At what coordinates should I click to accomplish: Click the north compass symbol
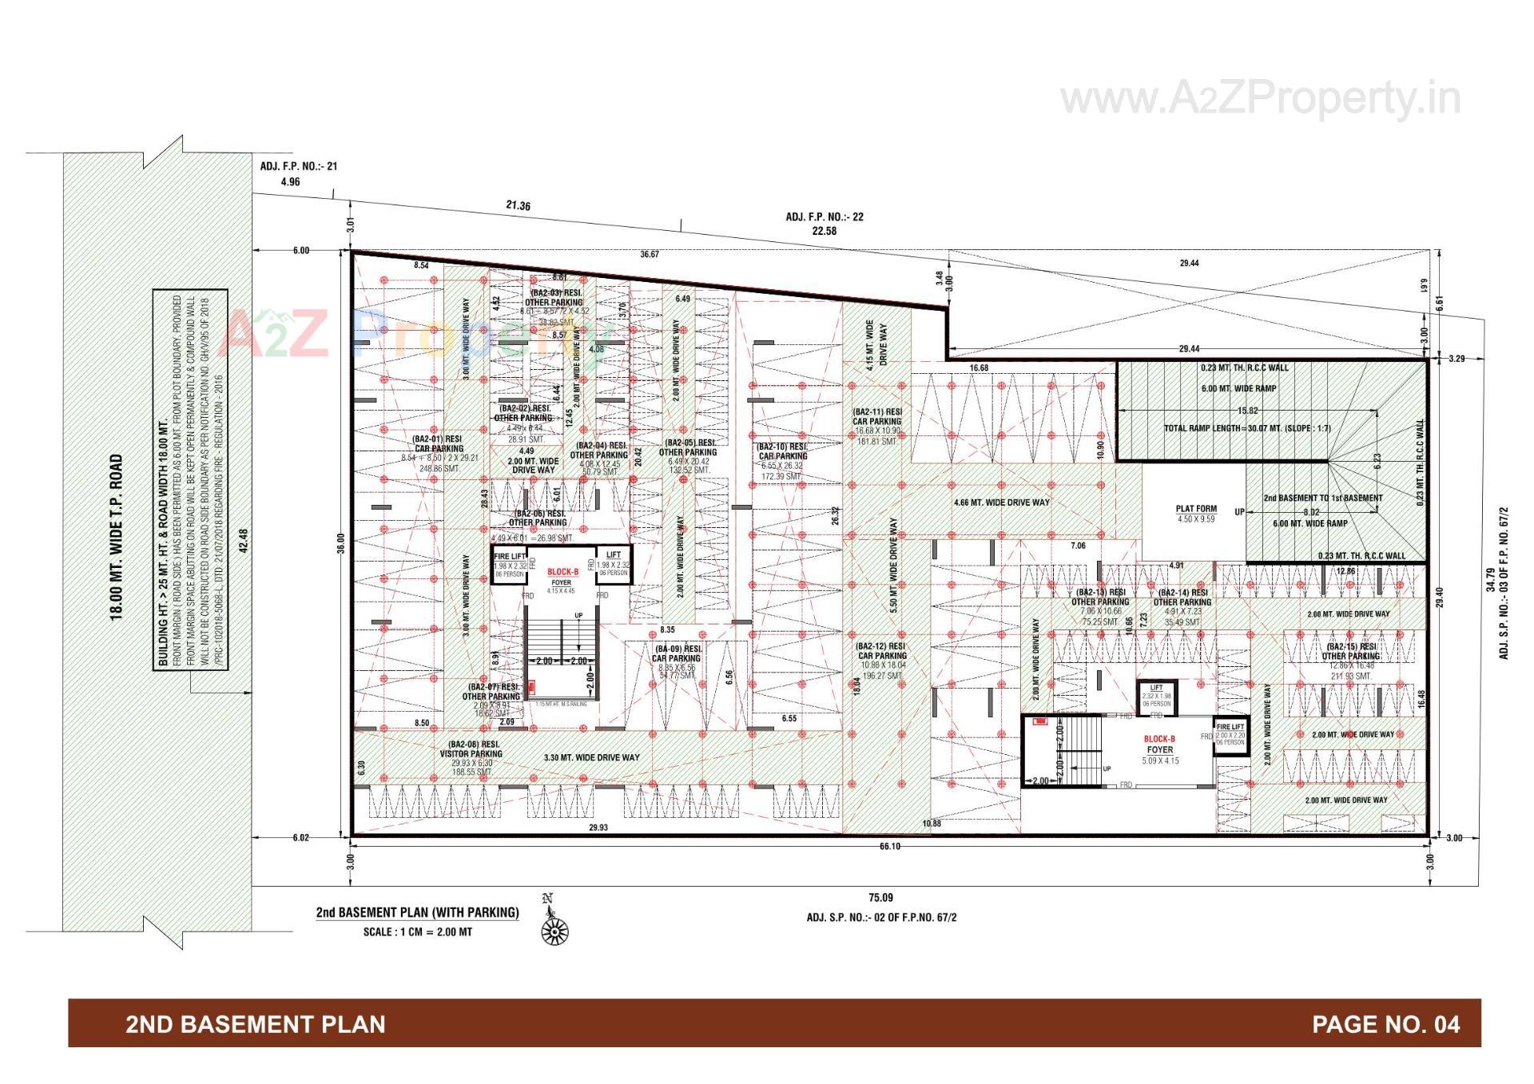pos(554,929)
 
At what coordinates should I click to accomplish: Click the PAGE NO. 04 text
pos(1385,1024)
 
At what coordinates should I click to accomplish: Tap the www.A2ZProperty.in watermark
pos(1260,100)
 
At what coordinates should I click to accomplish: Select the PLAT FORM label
pos(1196,509)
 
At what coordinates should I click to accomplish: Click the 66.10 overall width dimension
pos(889,847)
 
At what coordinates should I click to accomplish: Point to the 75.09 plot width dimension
pos(880,898)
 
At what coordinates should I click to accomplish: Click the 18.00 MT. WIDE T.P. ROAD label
pos(117,538)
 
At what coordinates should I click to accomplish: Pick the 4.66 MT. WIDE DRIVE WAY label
pos(1002,503)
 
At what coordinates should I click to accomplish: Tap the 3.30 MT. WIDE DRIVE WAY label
pos(591,757)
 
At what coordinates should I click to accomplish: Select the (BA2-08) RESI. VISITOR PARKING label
pos(471,748)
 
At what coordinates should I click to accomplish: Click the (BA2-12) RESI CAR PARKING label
pos(880,651)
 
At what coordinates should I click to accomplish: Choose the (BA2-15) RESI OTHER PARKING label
pos(1350,652)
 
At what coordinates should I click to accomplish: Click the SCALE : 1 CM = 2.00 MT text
pos(417,932)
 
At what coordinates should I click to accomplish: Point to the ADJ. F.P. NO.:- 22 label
pos(824,217)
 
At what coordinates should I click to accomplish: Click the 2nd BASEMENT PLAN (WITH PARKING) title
pos(417,912)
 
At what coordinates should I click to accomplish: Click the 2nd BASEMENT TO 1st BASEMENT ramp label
pos(1322,498)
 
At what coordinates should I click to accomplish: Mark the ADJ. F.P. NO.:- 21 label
pos(299,167)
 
